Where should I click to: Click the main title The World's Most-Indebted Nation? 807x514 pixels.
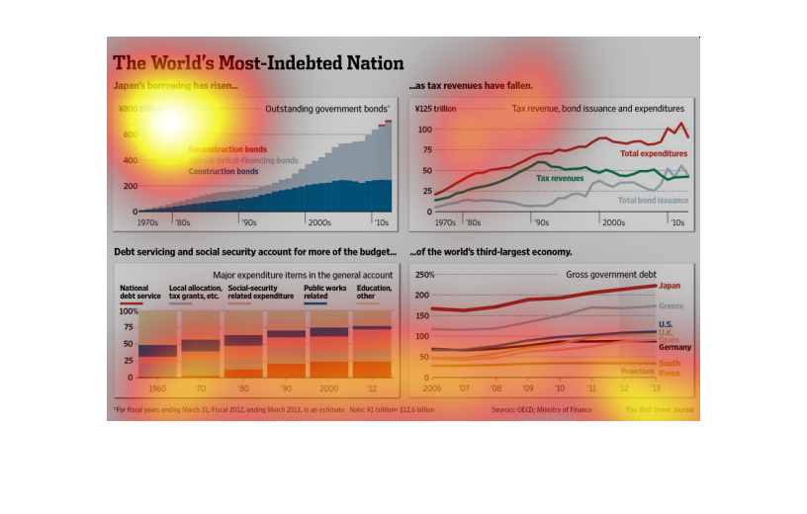click(258, 63)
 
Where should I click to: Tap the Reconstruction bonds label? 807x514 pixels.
click(227, 149)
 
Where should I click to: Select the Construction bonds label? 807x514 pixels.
click(224, 171)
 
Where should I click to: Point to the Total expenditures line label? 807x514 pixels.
click(654, 153)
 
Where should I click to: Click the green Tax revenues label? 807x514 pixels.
click(560, 178)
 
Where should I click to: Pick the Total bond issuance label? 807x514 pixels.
click(653, 200)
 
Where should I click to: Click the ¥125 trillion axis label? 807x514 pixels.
click(435, 109)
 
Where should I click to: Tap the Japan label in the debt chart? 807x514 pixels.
click(670, 285)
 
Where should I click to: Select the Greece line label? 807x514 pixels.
click(672, 306)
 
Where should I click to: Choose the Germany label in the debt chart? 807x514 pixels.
click(674, 347)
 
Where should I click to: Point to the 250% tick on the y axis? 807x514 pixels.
click(424, 275)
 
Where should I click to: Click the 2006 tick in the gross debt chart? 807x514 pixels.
click(432, 387)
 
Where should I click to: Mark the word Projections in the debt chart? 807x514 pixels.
click(637, 371)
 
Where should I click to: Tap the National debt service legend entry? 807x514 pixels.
click(139, 292)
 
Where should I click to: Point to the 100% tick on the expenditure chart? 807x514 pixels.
click(129, 311)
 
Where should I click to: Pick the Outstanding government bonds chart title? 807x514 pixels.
click(327, 109)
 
